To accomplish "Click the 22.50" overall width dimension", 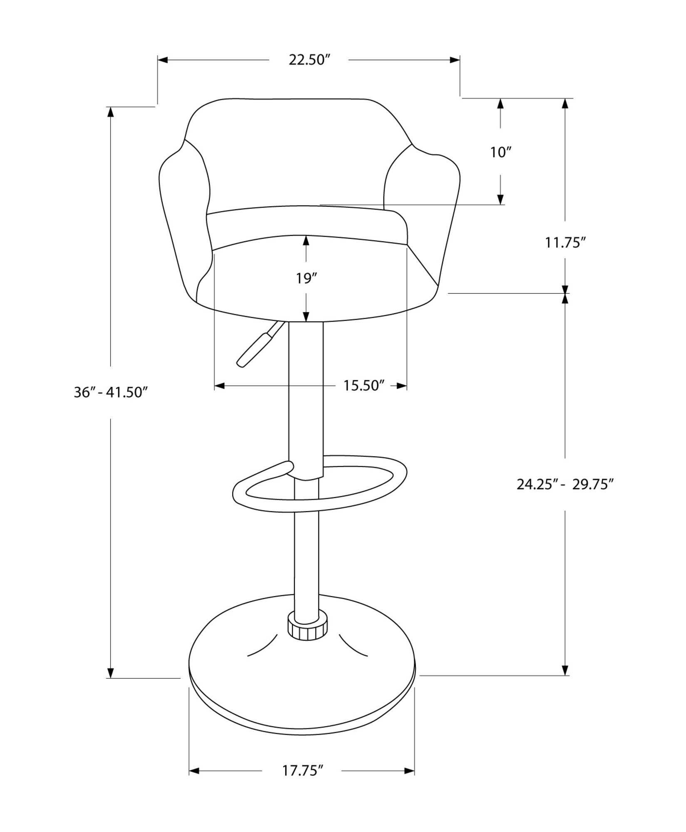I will (x=309, y=60).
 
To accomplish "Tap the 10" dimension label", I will (x=500, y=152).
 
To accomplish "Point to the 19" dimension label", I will (x=306, y=278).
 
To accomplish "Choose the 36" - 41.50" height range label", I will (x=111, y=392).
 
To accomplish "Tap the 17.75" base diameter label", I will (x=303, y=771).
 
